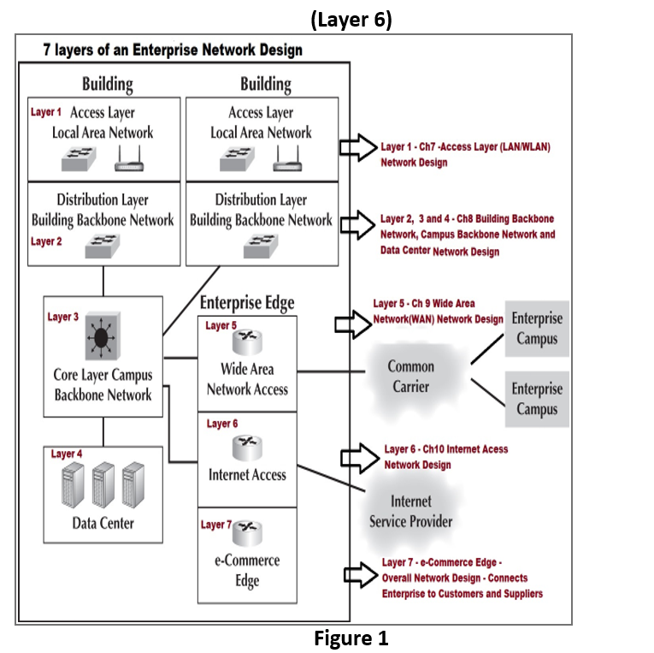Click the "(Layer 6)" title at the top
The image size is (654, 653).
[x=351, y=19]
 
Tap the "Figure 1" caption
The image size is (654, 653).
[x=351, y=638]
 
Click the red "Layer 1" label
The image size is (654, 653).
[x=46, y=112]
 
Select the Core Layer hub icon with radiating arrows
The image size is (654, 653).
[x=101, y=338]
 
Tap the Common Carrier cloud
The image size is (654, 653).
[x=411, y=376]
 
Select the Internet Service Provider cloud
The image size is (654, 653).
[x=410, y=511]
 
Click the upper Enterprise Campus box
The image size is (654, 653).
[x=537, y=329]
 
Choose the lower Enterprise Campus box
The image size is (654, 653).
[x=537, y=399]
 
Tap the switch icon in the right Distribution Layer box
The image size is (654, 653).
[x=260, y=246]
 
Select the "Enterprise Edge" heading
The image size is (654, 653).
[x=246, y=303]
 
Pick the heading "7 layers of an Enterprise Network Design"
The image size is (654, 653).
[x=173, y=50]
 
